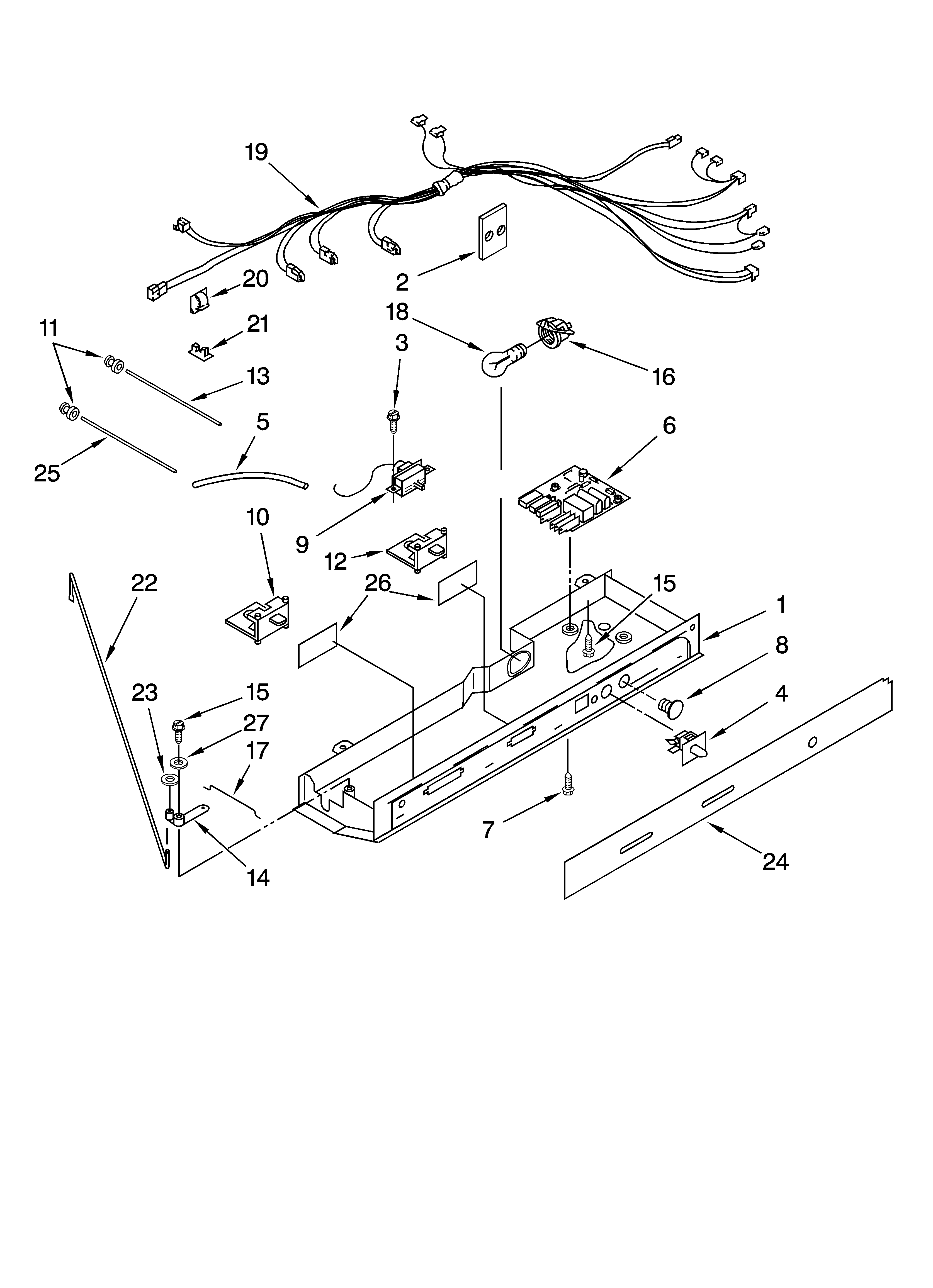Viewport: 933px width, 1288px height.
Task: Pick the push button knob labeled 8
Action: pos(670,707)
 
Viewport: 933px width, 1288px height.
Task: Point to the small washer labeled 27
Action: pos(180,760)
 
